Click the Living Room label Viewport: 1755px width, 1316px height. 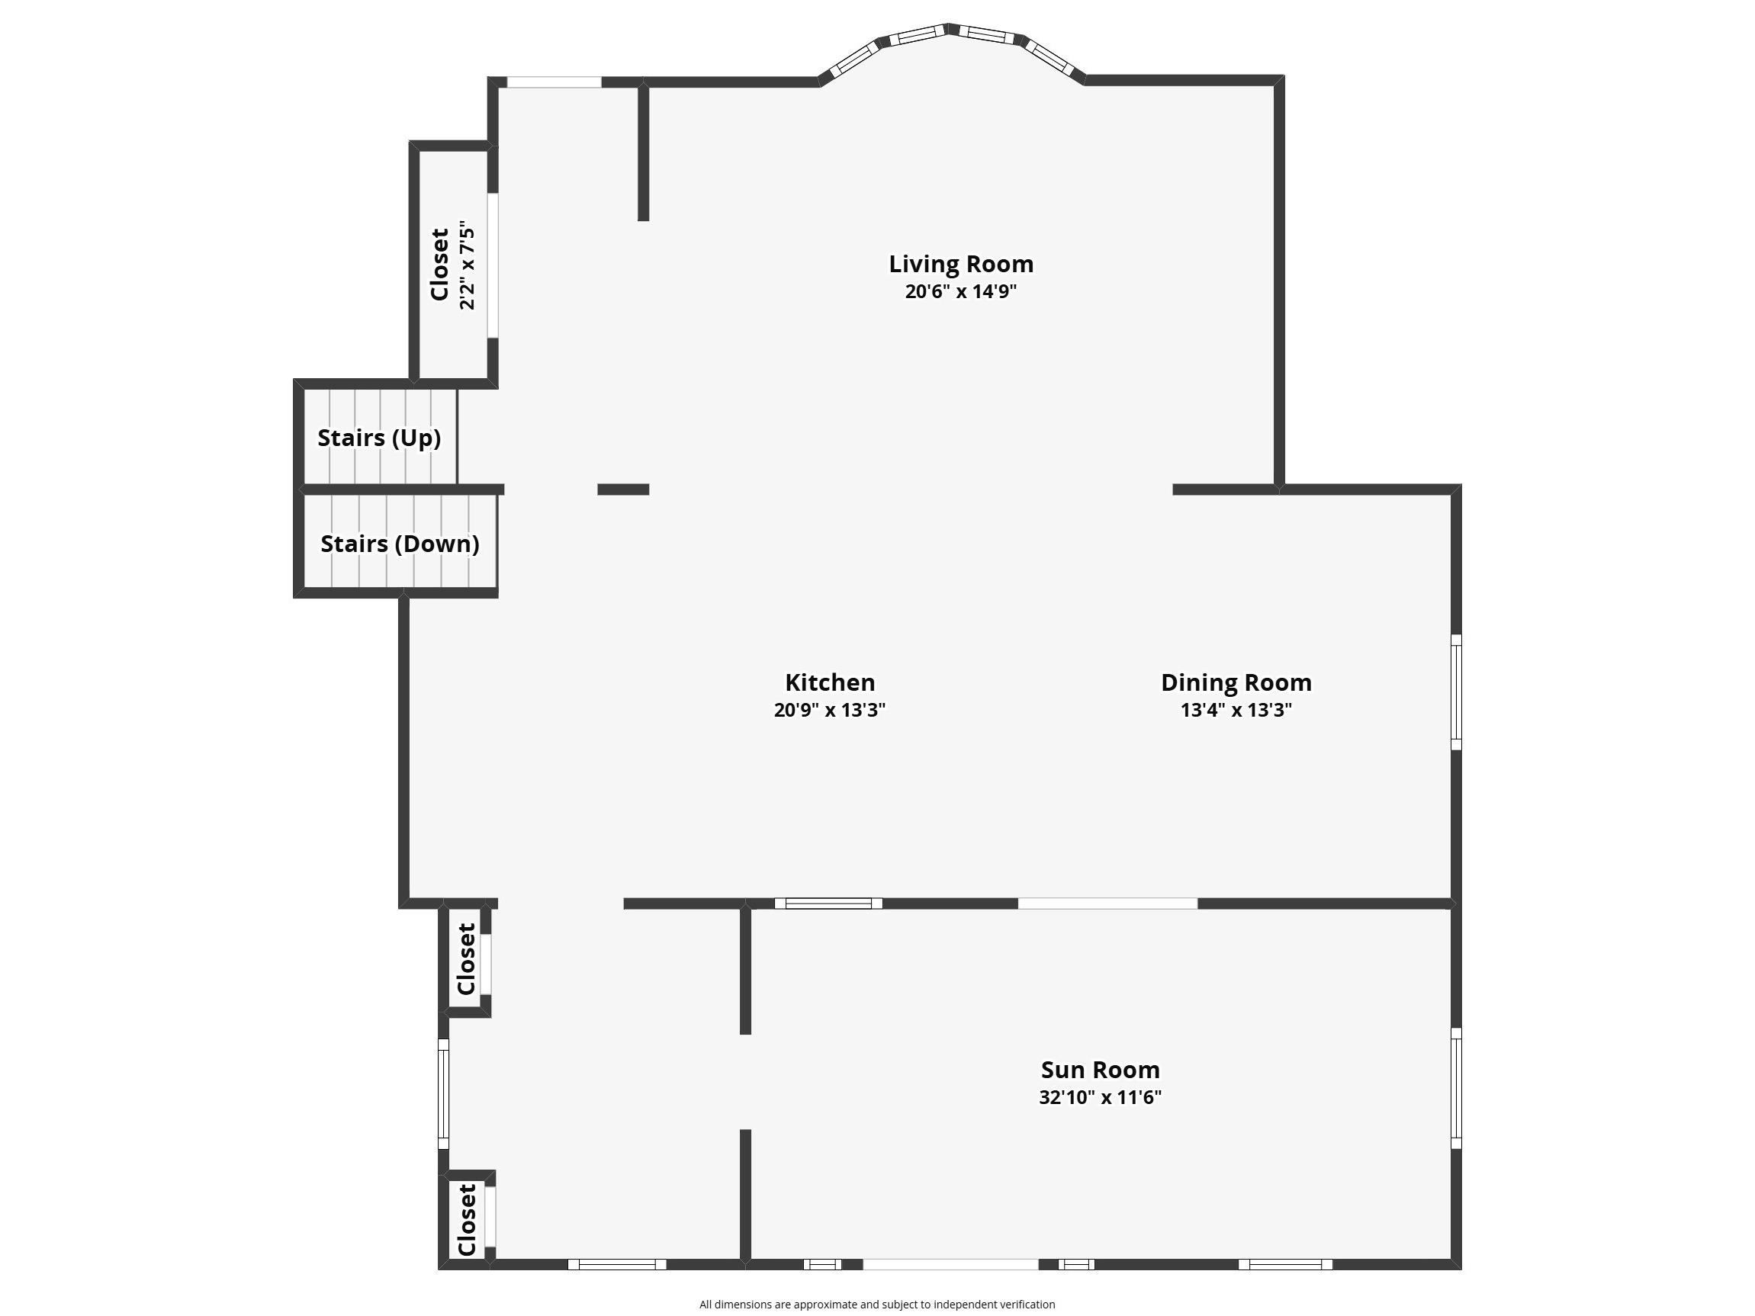pos(961,263)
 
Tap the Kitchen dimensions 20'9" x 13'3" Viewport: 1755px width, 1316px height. pos(829,709)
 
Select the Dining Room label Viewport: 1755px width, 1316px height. pos(1236,682)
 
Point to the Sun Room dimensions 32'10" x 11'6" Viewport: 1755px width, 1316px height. pos(1100,1097)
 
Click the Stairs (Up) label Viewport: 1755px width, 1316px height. pos(379,438)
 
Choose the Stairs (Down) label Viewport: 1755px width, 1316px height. pos(400,544)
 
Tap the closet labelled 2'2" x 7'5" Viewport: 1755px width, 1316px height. pos(453,265)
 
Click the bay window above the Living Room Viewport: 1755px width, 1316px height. pos(951,50)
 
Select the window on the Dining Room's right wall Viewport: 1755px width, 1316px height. pos(1456,692)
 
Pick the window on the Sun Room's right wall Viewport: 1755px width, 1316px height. pos(1456,1088)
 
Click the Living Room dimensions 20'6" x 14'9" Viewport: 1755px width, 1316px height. pos(961,291)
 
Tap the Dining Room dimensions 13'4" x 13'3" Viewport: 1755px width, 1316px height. pos(1236,709)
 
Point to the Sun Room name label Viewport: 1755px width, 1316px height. pos(1100,1070)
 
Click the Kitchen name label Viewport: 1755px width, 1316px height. pos(830,682)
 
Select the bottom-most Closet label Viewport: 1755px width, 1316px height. pos(467,1220)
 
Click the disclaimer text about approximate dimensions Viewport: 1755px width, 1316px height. pos(876,1304)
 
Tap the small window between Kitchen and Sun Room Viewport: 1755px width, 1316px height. pos(828,903)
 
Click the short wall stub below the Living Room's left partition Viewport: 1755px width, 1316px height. pos(623,489)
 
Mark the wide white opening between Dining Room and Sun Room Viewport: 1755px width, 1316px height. pos(1107,903)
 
